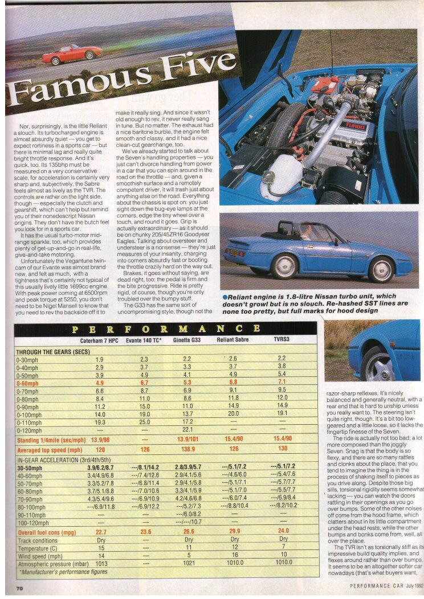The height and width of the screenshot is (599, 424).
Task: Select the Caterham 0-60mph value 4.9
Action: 99,383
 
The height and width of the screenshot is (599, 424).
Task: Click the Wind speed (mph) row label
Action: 40,556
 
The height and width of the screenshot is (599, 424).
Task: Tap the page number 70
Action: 19,588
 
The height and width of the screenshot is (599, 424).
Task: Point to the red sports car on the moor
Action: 72,55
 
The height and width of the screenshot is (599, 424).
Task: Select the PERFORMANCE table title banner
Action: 165,329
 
